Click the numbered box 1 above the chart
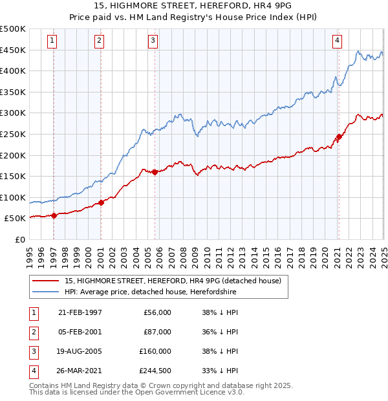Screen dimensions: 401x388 point(52,41)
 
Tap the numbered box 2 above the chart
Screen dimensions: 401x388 point(99,41)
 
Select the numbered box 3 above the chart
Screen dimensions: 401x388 point(153,41)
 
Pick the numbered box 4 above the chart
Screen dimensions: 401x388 point(337,41)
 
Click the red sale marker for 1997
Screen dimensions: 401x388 point(54,216)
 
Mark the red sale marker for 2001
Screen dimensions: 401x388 point(101,203)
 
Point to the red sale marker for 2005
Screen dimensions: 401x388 point(155,172)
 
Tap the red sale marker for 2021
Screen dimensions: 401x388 point(339,136)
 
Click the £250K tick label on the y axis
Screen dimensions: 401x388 point(13,134)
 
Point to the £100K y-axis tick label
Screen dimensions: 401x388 point(13,197)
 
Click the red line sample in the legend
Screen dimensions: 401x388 point(45,281)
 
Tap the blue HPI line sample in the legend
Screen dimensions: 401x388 point(45,292)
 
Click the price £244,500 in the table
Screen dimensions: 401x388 point(155,371)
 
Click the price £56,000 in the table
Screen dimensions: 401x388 point(158,312)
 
